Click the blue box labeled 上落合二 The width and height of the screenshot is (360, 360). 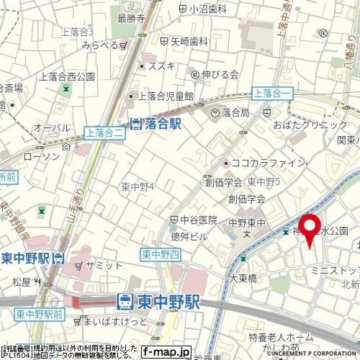pyautogui.click(x=99, y=133)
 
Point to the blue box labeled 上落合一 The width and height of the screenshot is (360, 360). pyautogui.click(x=272, y=94)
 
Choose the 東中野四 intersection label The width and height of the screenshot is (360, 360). pyautogui.click(x=160, y=255)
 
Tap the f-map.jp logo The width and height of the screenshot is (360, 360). pyautogui.click(x=166, y=352)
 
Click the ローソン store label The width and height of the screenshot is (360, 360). pyautogui.click(x=42, y=156)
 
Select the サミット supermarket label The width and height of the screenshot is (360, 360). pyautogui.click(x=104, y=266)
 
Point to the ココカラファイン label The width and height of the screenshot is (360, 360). pyautogui.click(x=268, y=163)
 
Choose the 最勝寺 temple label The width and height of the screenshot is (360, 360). pyautogui.click(x=131, y=18)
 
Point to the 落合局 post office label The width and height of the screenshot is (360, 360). pyautogui.click(x=235, y=112)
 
